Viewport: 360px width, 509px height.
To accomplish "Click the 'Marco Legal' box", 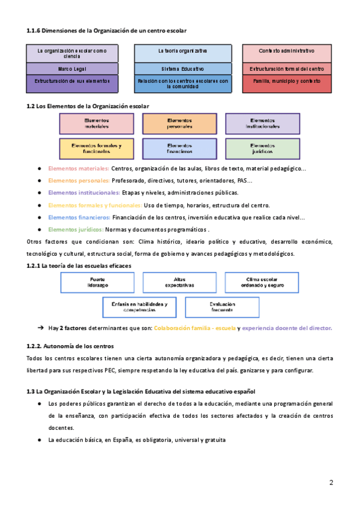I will pyautogui.click(x=72, y=69).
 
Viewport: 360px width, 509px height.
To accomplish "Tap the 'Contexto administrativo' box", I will pyautogui.click(x=287, y=52).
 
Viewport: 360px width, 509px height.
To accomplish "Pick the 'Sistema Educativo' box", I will pyautogui.click(x=182, y=69).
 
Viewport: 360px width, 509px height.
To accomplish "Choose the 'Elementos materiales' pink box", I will pyautogui.click(x=97, y=124).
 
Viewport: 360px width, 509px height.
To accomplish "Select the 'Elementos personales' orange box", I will pyautogui.click(x=179, y=124).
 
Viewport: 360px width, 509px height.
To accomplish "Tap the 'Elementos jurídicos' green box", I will pyautogui.click(x=262, y=148).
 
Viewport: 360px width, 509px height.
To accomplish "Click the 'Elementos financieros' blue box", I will pyautogui.click(x=179, y=148).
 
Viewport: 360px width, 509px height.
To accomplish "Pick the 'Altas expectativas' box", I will pyautogui.click(x=179, y=282).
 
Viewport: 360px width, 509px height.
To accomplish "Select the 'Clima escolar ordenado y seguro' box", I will pyautogui.click(x=262, y=282).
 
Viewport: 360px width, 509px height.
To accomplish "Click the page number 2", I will pyautogui.click(x=331, y=483).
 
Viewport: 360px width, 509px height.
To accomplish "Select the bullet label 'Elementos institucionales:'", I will pyautogui.click(x=84, y=193).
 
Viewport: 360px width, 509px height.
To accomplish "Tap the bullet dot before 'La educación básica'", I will pyautogui.click(x=39, y=440).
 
